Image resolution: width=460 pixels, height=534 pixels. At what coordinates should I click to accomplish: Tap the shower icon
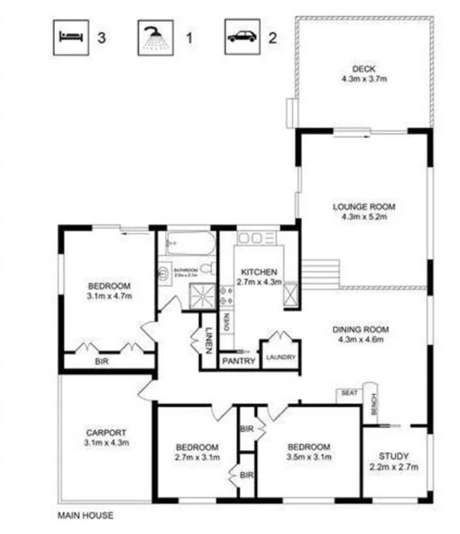[x=152, y=37]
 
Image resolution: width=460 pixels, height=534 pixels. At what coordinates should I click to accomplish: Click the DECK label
[x=364, y=68]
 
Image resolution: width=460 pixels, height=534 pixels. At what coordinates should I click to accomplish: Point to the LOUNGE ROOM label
[x=364, y=207]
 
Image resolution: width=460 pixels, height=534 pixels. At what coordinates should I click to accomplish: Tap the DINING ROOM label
[x=364, y=329]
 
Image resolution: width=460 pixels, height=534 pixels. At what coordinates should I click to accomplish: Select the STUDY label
[x=395, y=456]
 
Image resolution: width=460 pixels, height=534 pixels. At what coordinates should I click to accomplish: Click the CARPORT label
[x=106, y=433]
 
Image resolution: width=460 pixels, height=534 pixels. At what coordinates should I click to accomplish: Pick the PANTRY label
[x=238, y=361]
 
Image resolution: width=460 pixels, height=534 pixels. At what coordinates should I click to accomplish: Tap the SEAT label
[x=348, y=393]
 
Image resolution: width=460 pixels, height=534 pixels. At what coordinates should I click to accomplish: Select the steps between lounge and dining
[x=321, y=272]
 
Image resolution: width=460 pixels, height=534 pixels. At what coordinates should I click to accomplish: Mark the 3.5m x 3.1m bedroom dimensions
[x=309, y=457]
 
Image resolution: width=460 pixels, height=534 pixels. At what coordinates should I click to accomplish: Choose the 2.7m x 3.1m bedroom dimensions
[x=197, y=457]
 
